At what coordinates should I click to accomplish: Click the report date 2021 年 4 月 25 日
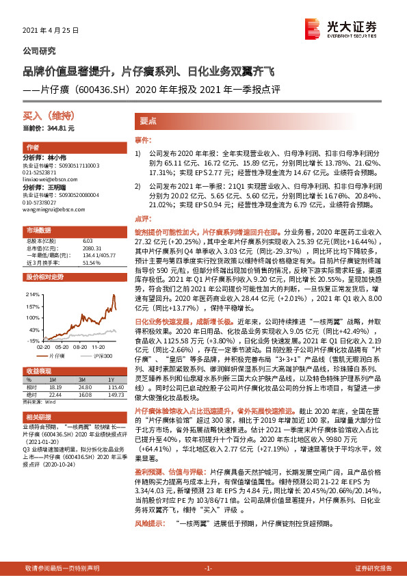[51, 31]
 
